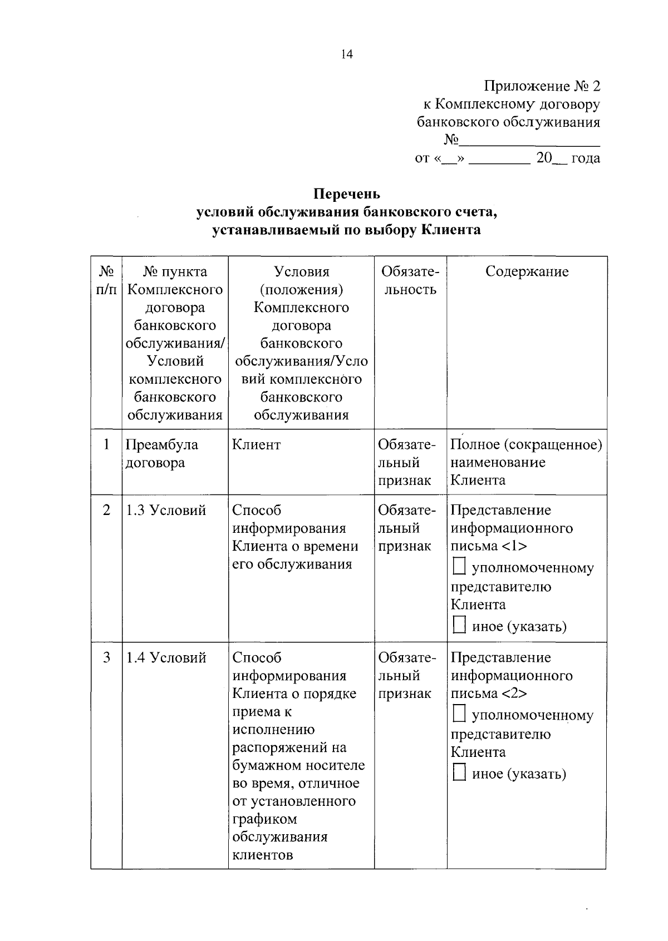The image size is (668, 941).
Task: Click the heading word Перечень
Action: tap(347, 194)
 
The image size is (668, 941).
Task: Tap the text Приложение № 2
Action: tap(542, 86)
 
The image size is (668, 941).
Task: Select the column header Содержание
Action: tap(527, 271)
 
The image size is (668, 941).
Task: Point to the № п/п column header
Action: tap(106, 280)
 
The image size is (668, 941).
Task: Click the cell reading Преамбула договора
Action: tap(162, 453)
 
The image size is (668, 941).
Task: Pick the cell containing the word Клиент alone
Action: tap(257, 445)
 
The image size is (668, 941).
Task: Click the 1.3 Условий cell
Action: tap(166, 510)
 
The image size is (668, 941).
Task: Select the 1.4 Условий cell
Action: tap(166, 657)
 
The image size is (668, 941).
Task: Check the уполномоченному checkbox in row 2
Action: tap(459, 567)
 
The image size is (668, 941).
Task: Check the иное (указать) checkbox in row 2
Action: tap(459, 626)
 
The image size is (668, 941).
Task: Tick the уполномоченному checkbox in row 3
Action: tap(459, 715)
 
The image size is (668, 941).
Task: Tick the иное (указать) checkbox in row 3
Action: tap(459, 773)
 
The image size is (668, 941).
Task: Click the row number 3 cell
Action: tap(106, 657)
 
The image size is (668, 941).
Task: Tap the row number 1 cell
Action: tap(106, 445)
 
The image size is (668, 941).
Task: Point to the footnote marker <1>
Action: tap(514, 546)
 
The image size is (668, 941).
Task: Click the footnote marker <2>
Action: tap(514, 694)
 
